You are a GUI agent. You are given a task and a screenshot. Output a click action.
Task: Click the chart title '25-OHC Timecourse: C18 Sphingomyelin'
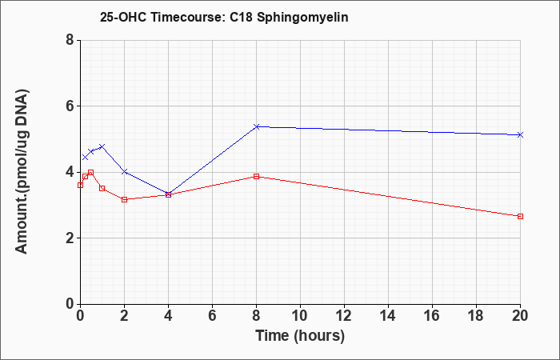pyautogui.click(x=224, y=18)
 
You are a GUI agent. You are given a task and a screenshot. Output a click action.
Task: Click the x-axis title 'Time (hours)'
pyautogui.click(x=300, y=336)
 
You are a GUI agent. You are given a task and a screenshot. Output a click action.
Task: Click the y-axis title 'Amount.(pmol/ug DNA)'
pyautogui.click(x=22, y=172)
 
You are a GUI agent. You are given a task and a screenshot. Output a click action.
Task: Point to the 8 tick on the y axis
pyautogui.click(x=70, y=40)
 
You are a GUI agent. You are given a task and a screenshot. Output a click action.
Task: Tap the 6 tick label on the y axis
pyautogui.click(x=70, y=106)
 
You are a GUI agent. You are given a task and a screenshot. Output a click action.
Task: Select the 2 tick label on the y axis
pyautogui.click(x=70, y=238)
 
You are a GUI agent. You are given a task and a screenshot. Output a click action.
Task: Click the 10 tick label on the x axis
pyautogui.click(x=300, y=316)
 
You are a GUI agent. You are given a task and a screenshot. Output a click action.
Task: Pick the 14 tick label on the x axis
pyautogui.click(x=388, y=316)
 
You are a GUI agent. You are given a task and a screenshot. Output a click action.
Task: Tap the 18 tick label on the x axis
pyautogui.click(x=476, y=316)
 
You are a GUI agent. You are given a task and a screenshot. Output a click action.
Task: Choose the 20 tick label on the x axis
pyautogui.click(x=520, y=316)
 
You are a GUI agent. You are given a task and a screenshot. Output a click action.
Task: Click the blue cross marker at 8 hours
pyautogui.click(x=256, y=126)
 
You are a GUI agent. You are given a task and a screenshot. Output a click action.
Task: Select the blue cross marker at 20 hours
pyautogui.click(x=520, y=134)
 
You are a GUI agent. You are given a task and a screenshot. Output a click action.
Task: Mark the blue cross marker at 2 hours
pyautogui.click(x=124, y=172)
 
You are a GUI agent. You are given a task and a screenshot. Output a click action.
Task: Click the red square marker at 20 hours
pyautogui.click(x=520, y=217)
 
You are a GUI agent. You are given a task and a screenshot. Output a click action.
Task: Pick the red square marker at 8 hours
pyautogui.click(x=256, y=177)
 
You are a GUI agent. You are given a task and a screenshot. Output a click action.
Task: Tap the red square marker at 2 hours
pyautogui.click(x=124, y=199)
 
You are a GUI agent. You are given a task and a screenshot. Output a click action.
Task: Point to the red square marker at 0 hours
pyautogui.click(x=80, y=185)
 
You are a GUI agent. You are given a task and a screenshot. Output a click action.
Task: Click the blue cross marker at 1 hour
pyautogui.click(x=102, y=146)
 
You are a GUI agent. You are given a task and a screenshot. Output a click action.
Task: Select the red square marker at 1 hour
pyautogui.click(x=102, y=188)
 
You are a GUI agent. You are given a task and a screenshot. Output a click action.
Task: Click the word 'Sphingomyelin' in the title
pyautogui.click(x=302, y=18)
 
